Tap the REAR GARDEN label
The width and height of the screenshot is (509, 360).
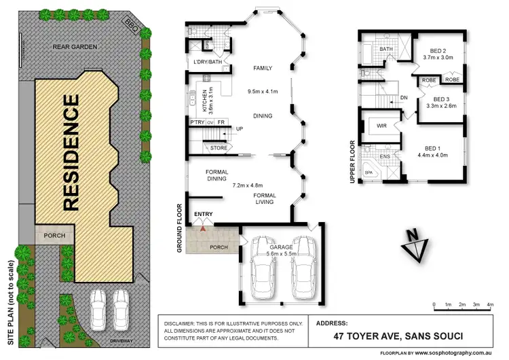click(75, 47)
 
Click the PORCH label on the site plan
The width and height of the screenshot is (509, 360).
click(54, 236)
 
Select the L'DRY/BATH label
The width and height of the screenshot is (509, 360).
click(207, 62)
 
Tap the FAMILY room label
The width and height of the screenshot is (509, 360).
click(263, 69)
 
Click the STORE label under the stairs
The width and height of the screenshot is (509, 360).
click(218, 147)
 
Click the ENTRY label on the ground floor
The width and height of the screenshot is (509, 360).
click(204, 215)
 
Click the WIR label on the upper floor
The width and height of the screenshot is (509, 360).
click(381, 126)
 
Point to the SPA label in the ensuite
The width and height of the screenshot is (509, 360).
click(369, 173)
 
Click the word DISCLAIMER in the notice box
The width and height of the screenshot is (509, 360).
click(185, 323)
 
